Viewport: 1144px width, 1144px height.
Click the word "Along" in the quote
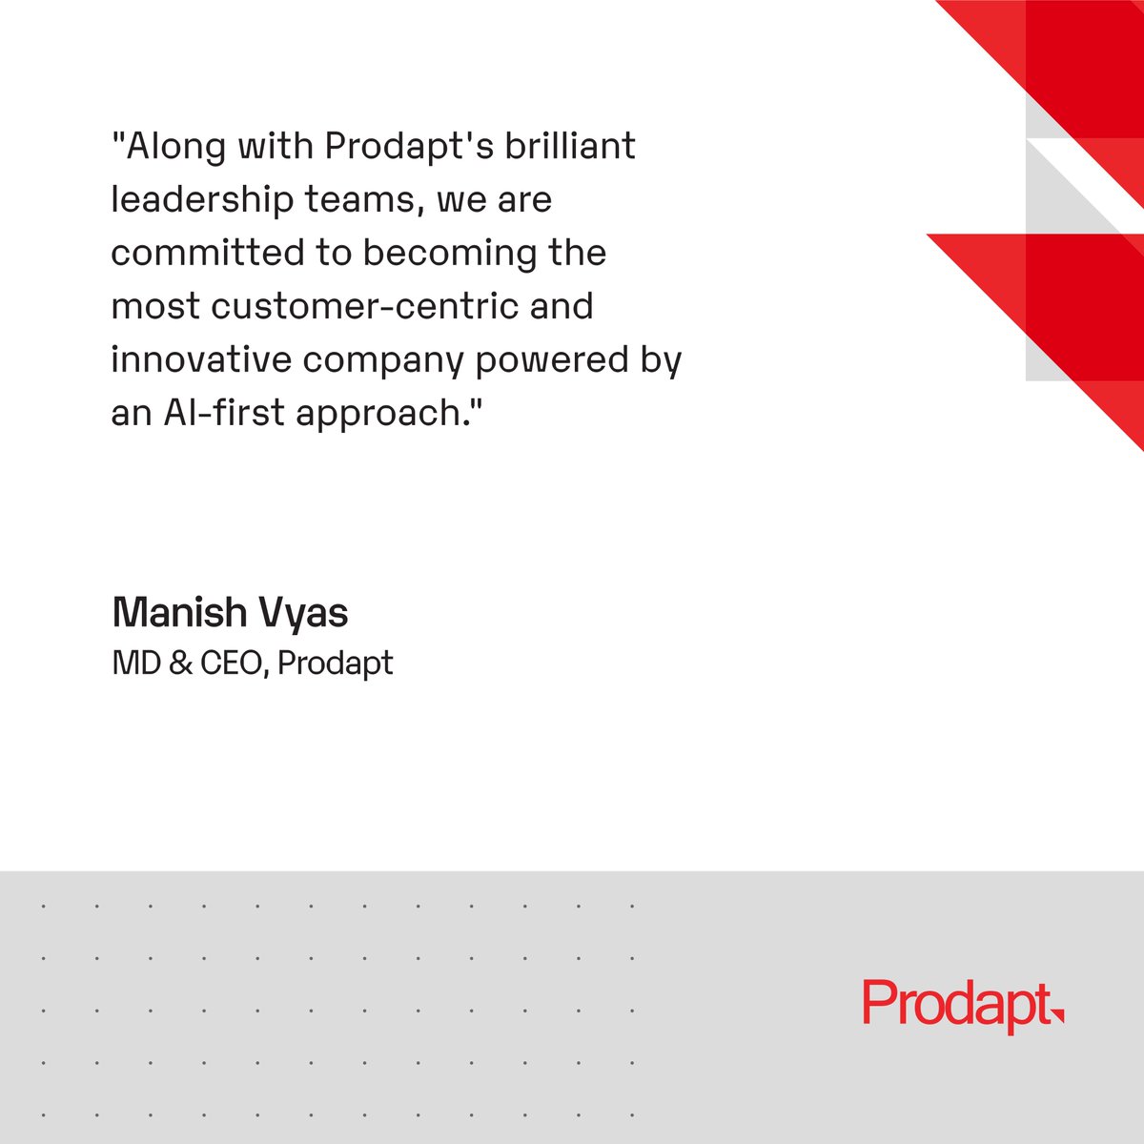(x=170, y=147)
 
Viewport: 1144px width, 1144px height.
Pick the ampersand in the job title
(x=179, y=664)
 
